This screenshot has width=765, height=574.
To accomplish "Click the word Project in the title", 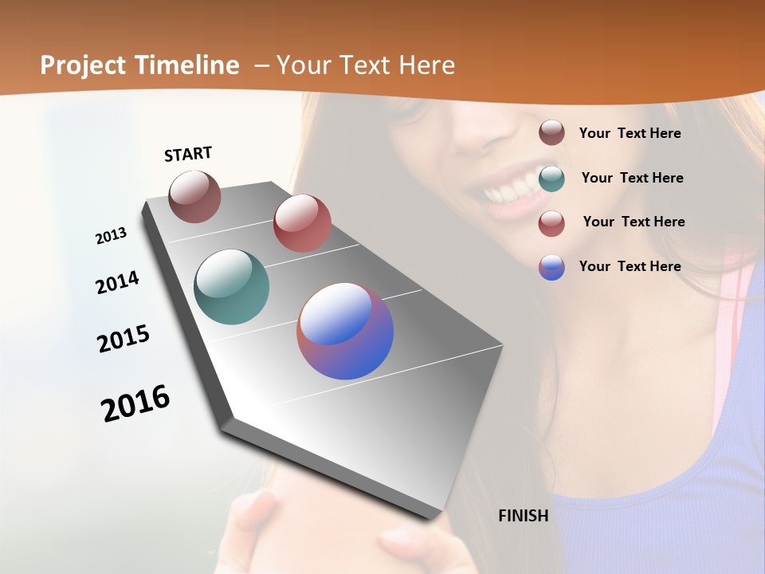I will [x=80, y=65].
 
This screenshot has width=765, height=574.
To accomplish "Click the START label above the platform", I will [x=188, y=154].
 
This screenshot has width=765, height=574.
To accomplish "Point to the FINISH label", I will [x=523, y=516].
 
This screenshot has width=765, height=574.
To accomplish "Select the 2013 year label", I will [x=111, y=236].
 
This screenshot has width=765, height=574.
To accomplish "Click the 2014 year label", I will [x=117, y=282].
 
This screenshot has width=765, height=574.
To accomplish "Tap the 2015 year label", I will [x=124, y=339].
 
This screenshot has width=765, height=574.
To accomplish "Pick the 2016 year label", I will [x=135, y=403].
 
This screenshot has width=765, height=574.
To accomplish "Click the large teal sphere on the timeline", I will [x=231, y=287].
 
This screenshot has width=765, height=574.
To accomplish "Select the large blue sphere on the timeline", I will [x=345, y=331].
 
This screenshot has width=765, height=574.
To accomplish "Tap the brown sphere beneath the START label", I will [x=194, y=197].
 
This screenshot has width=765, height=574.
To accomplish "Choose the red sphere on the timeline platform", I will [x=302, y=223].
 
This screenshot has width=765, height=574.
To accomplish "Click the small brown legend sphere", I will [x=551, y=133].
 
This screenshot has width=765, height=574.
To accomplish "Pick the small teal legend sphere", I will [x=551, y=178].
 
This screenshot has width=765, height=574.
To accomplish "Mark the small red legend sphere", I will [x=551, y=223].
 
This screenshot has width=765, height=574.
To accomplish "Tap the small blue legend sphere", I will [x=551, y=267].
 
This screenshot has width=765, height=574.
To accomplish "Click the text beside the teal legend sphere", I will [x=632, y=178].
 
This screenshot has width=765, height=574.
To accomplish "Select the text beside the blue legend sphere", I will [x=630, y=266].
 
